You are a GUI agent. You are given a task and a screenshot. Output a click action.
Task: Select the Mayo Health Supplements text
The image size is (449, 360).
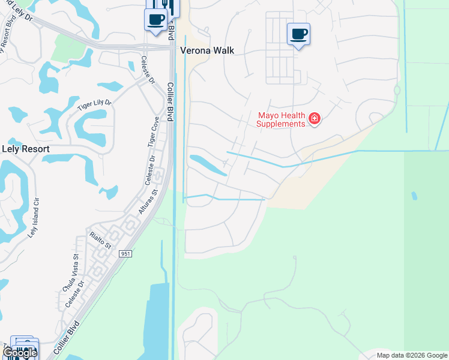(x=281, y=119)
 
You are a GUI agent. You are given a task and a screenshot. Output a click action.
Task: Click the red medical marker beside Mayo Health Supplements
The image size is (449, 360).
(x=314, y=119)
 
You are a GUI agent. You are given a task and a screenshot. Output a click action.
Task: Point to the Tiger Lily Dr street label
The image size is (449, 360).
(x=94, y=106)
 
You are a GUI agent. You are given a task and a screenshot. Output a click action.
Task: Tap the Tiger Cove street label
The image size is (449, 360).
(x=154, y=132)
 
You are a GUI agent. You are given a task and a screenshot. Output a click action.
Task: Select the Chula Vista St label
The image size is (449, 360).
(x=70, y=273)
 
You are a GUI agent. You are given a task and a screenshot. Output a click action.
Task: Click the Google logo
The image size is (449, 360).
(x=20, y=353)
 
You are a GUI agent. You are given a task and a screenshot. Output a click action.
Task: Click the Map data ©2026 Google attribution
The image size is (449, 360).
(x=412, y=355)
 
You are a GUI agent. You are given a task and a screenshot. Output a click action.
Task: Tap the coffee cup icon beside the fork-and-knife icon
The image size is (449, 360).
(x=155, y=19)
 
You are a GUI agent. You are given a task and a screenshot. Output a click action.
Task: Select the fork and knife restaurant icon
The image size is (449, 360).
(x=169, y=7)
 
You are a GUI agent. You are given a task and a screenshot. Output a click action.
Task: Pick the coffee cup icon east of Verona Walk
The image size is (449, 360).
(x=298, y=34)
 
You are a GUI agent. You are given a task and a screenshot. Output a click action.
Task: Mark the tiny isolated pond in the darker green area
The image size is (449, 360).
(x=414, y=196)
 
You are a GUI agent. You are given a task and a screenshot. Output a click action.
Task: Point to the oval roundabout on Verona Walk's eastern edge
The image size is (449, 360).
(x=397, y=91)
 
